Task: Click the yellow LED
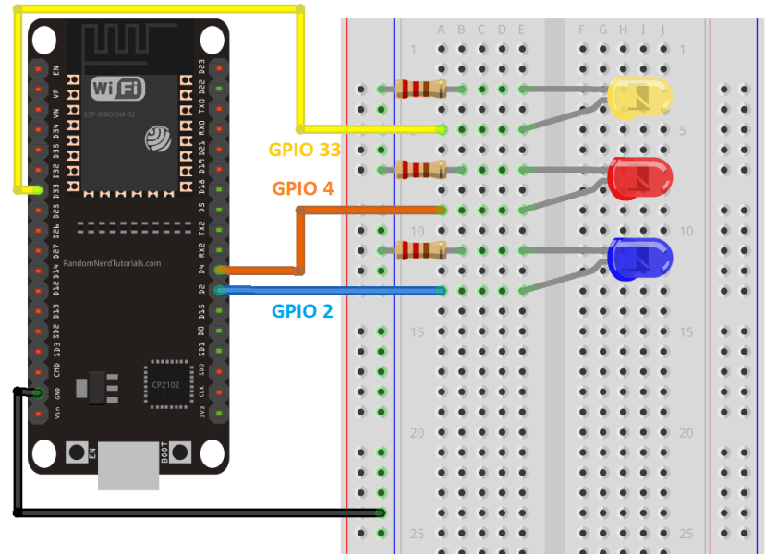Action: (639, 98)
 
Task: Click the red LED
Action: (639, 177)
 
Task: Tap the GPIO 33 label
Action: (305, 149)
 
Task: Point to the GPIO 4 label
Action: (302, 188)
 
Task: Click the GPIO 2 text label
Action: (302, 310)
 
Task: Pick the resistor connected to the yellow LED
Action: (420, 90)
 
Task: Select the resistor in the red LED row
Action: (420, 169)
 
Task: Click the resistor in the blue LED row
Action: (420, 250)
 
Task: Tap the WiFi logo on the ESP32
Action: (117, 89)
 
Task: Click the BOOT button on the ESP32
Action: (179, 453)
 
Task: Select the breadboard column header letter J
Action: (662, 30)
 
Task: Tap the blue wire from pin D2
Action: (333, 291)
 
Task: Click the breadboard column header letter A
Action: (442, 30)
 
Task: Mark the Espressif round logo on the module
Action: (156, 138)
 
